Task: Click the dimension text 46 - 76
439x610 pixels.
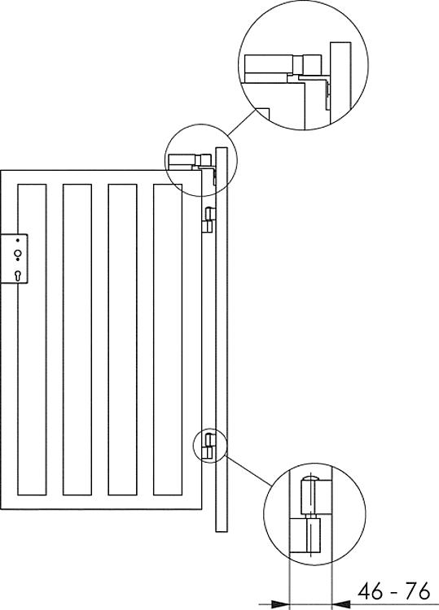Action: pos(394,591)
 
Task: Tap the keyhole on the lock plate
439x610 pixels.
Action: pos(18,275)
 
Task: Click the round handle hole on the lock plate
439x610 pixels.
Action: pos(18,254)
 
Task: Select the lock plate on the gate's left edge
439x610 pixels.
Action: pos(14,259)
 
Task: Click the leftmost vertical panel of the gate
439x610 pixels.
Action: pos(32,340)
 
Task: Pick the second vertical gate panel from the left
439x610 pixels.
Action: pos(77,340)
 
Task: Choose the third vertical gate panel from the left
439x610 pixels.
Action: pos(122,340)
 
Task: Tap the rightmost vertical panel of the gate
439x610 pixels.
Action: pos(168,340)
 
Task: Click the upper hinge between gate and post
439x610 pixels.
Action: pos(209,220)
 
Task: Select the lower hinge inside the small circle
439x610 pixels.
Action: pos(209,446)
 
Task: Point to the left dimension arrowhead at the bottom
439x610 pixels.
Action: pos(280,604)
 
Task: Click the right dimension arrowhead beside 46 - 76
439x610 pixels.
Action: pos(340,604)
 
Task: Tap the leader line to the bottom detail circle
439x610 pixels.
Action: pos(248,470)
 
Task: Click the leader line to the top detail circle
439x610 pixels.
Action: pos(242,123)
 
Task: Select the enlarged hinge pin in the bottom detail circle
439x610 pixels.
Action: pos(311,513)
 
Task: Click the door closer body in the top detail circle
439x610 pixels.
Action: pos(283,64)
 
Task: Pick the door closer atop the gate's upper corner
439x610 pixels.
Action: pos(191,160)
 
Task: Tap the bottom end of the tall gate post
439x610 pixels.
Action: pos(222,532)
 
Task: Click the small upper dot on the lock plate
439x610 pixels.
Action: pos(18,241)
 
